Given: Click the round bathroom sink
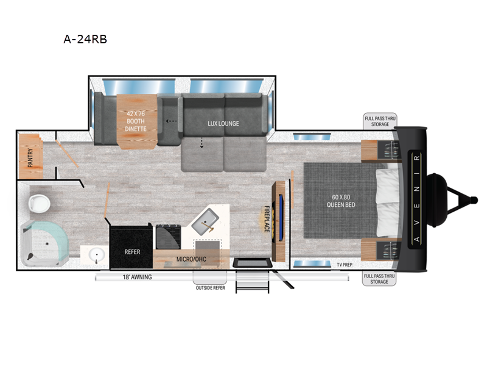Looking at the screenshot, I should click(x=96, y=254).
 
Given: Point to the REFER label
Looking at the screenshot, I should click(x=133, y=251).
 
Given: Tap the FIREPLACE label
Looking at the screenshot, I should click(x=266, y=219).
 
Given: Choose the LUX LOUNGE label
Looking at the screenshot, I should click(x=223, y=123).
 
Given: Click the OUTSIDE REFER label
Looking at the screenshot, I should click(x=209, y=288).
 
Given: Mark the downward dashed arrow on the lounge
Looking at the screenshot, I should click(x=201, y=143).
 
